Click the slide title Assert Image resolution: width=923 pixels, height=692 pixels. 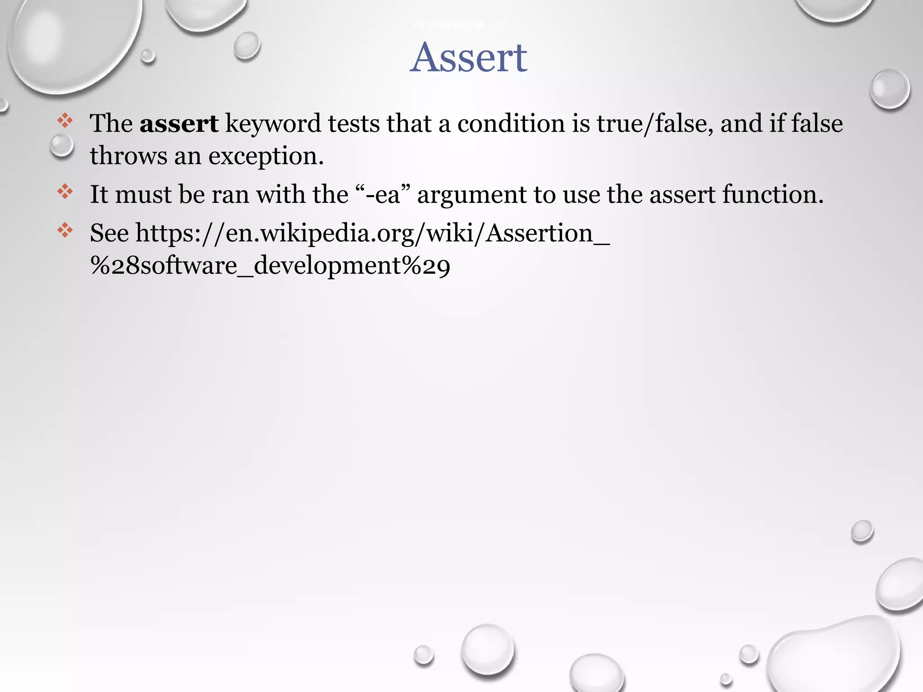[x=469, y=58]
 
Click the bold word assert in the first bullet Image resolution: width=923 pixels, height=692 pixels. [x=179, y=123]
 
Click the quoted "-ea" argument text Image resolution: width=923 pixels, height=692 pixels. [x=383, y=195]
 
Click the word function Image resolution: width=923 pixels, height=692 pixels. [x=772, y=195]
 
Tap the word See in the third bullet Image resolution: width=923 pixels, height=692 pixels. [x=109, y=233]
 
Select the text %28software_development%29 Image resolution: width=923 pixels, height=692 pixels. [x=270, y=266]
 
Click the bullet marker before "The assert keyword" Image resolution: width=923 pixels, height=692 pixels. [x=65, y=121]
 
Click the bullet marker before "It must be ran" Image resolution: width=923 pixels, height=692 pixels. [x=65, y=191]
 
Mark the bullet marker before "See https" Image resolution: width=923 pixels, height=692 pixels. [x=65, y=230]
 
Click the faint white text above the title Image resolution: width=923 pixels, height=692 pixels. [x=459, y=24]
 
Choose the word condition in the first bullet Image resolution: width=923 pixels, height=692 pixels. [x=511, y=123]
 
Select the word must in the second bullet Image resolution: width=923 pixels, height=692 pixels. [x=144, y=195]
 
